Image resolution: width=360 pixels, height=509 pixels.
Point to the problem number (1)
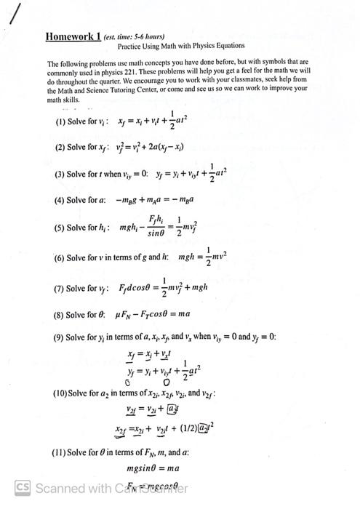pyautogui.click(x=60, y=121)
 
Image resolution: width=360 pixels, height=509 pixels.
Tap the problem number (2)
pyautogui.click(x=60, y=147)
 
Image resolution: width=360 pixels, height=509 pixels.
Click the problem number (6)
pyautogui.click(x=60, y=258)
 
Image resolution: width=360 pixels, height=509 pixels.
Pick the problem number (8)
pyautogui.click(x=60, y=315)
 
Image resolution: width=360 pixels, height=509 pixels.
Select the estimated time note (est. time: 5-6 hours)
pyautogui.click(x=134, y=37)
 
